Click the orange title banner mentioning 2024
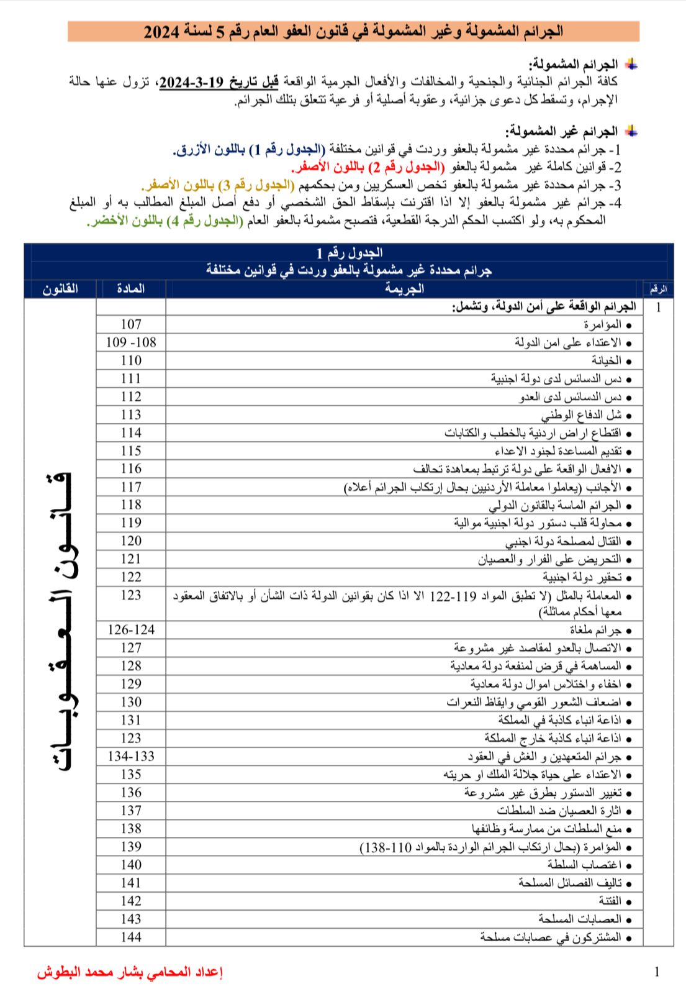(x=353, y=31)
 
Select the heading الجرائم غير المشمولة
(x=562, y=131)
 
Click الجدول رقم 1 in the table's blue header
(x=349, y=252)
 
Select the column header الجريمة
(x=404, y=289)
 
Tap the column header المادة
(x=131, y=289)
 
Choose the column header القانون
(x=60, y=289)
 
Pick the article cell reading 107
(x=131, y=324)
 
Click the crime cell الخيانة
(x=606, y=360)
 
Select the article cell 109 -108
(x=131, y=342)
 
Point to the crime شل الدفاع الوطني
(x=581, y=415)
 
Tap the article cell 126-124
(x=131, y=630)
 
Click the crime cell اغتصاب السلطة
(x=584, y=865)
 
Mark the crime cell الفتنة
(x=610, y=901)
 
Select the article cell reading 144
(x=131, y=937)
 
